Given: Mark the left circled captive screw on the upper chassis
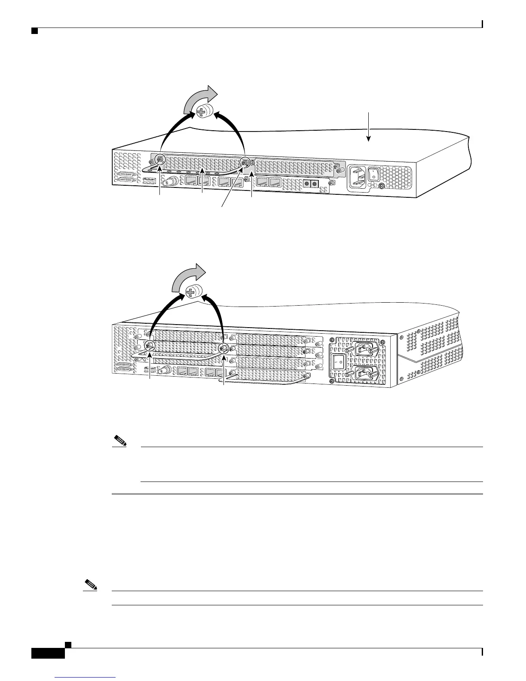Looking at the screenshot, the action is [160, 159].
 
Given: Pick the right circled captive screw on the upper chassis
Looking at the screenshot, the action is [245, 163].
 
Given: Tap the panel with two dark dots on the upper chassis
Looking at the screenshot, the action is [311, 184].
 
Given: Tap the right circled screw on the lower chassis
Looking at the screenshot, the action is [223, 349].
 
